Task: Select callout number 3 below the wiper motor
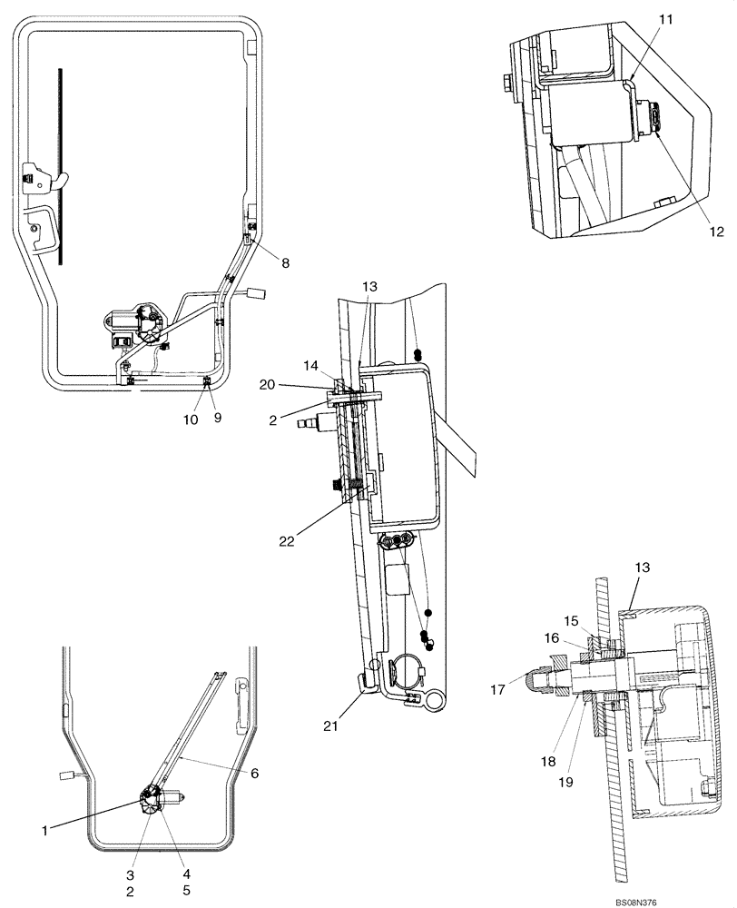click(x=130, y=874)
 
